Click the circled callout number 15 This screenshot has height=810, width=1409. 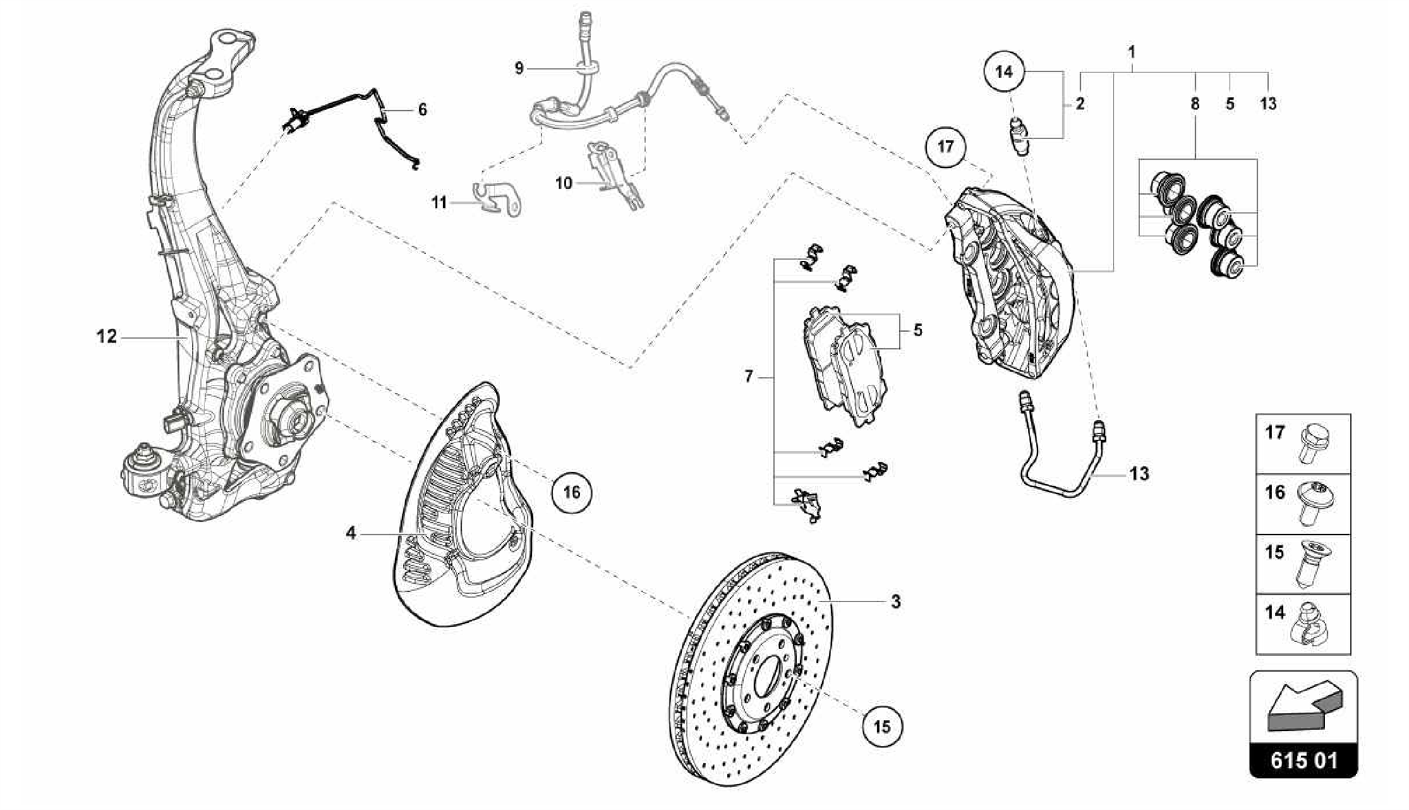881,726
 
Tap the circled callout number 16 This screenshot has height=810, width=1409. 571,492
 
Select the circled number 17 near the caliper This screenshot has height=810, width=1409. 945,146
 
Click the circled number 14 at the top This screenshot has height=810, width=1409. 1004,71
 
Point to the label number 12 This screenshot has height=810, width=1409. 107,337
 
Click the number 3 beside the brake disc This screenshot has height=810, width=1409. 895,601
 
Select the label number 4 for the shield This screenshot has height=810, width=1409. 351,533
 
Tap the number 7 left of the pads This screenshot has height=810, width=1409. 749,376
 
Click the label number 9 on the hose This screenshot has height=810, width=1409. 519,68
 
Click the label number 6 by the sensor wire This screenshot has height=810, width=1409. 422,109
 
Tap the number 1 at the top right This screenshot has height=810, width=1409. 1132,52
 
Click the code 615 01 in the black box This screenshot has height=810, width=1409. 1303,761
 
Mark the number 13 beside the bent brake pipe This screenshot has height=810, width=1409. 1139,473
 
